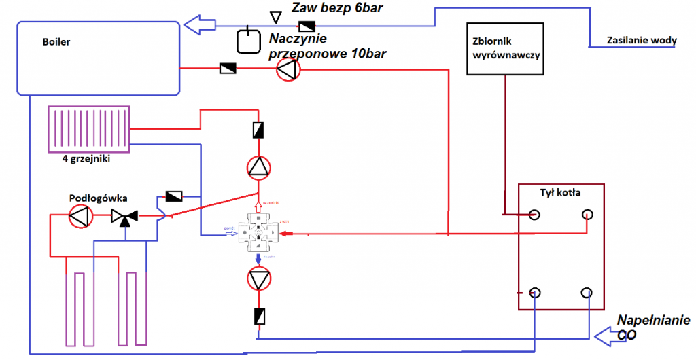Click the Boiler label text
56,42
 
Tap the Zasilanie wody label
642,41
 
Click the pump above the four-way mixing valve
258,166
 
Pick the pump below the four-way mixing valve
258,279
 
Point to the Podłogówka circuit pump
80,217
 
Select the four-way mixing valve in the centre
258,234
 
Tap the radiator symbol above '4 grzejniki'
89,130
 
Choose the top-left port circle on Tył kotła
535,215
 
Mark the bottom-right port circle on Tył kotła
587,293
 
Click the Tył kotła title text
561,192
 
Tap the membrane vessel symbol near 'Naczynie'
248,41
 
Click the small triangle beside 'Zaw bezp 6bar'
275,16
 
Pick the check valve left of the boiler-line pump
227,69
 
